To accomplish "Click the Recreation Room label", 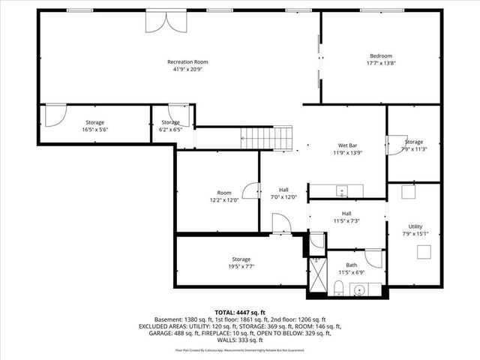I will (x=187, y=61).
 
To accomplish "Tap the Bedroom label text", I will (x=380, y=56).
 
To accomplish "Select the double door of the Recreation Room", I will (x=163, y=22).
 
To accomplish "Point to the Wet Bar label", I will (x=346, y=145).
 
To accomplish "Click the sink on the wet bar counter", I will (x=342, y=191).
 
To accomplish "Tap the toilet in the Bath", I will (x=338, y=288).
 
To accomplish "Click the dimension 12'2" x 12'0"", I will (x=224, y=200).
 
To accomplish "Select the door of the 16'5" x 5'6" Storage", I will (x=55, y=115).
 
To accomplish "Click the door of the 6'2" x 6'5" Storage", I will (x=184, y=116).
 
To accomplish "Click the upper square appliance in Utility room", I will (x=409, y=192).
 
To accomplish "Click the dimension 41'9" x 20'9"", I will (x=187, y=69).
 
